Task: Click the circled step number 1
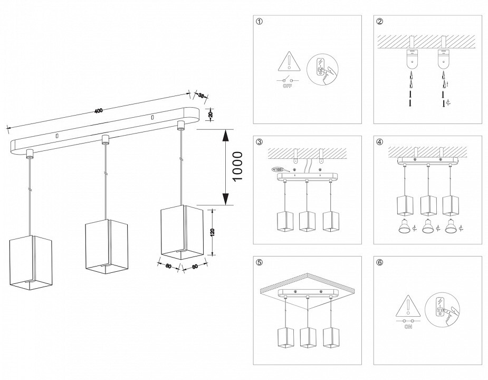pyautogui.click(x=259, y=22)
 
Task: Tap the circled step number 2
pyautogui.click(x=380, y=22)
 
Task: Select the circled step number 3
pyautogui.click(x=259, y=142)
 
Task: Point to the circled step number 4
pyautogui.click(x=380, y=142)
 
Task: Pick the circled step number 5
pyautogui.click(x=259, y=262)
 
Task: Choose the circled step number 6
pyautogui.click(x=380, y=262)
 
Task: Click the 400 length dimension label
pyautogui.click(x=98, y=110)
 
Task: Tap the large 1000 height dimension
pyautogui.click(x=238, y=166)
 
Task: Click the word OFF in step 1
pyautogui.click(x=287, y=85)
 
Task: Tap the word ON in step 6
pyautogui.click(x=408, y=327)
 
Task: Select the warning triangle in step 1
pyautogui.click(x=288, y=63)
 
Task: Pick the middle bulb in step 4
pyautogui.click(x=428, y=226)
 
